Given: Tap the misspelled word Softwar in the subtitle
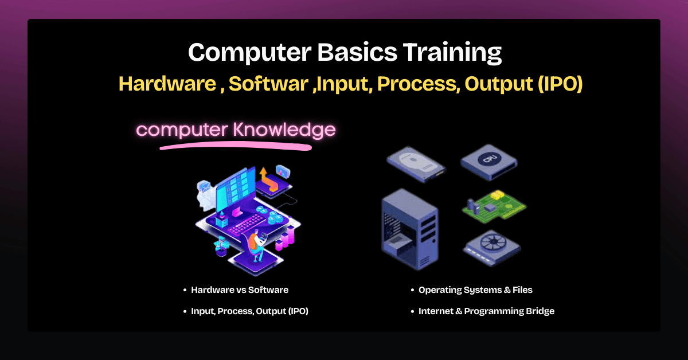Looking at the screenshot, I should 269,84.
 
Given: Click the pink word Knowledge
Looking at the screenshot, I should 284,130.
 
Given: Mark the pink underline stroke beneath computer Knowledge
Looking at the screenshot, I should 235,147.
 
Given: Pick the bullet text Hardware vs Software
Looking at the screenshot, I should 240,290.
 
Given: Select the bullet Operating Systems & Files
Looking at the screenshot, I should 475,290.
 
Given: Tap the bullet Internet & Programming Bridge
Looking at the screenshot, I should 486,311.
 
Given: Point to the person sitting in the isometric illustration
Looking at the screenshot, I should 257,241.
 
